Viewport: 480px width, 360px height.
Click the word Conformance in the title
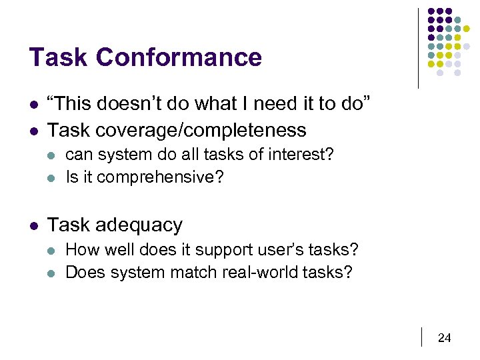coord(179,57)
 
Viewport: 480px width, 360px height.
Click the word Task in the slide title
coord(59,57)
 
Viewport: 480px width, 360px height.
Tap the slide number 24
coord(444,339)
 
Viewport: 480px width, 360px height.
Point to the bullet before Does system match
coord(53,273)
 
